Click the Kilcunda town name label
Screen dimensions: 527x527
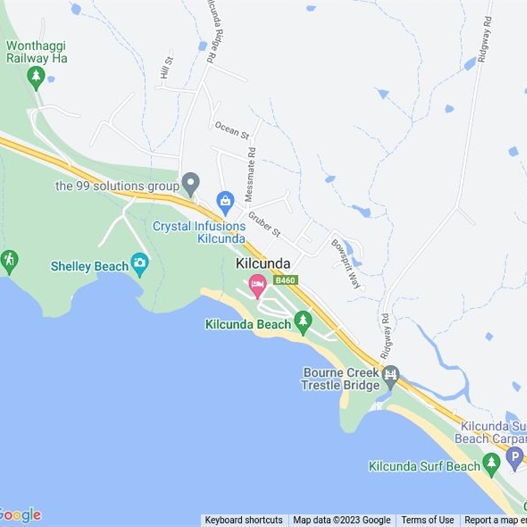263,263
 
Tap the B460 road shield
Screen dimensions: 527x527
286,280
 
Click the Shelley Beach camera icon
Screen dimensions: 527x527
140,263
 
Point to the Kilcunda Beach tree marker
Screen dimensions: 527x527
303,321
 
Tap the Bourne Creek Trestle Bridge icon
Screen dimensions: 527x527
391,376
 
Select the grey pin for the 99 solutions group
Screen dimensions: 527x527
190,182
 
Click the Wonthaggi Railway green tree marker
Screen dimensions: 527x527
36,77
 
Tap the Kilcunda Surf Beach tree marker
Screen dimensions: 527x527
491,464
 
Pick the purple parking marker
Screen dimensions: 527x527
516,457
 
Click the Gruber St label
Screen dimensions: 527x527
264,224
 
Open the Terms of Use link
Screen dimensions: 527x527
428,520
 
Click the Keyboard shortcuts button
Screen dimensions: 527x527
243,520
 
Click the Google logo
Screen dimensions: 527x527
20,514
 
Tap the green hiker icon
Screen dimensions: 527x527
9,261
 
